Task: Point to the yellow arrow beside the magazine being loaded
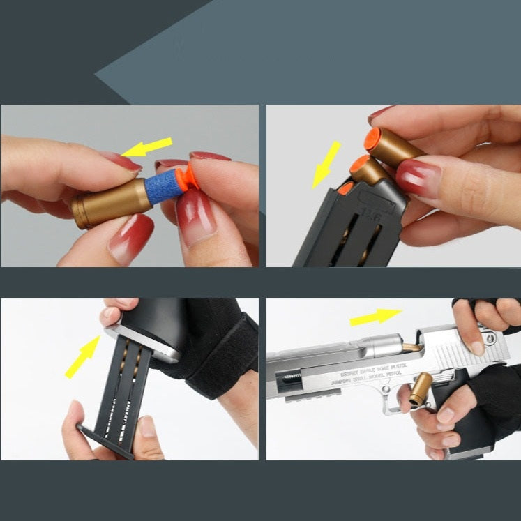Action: [326, 164]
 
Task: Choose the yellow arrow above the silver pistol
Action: [376, 317]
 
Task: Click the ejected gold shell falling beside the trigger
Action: [421, 388]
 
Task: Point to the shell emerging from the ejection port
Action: [412, 347]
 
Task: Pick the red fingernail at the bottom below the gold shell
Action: [130, 238]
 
